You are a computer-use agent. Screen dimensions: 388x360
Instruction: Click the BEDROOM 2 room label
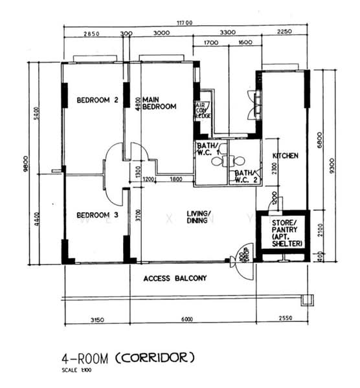[97, 100]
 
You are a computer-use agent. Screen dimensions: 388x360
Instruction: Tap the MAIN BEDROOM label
[159, 103]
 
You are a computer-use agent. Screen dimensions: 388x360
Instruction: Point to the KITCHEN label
[284, 156]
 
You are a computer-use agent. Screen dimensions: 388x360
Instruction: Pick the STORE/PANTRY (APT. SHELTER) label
[283, 232]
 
